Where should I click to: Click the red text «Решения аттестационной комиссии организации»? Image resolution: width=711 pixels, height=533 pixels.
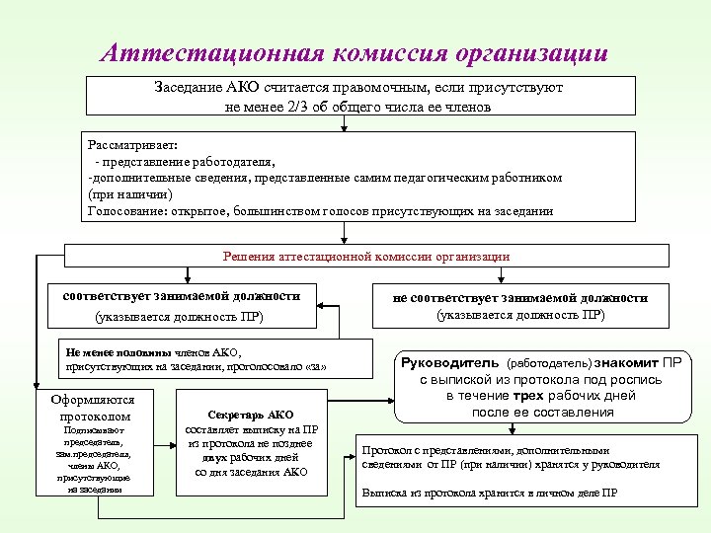(366, 257)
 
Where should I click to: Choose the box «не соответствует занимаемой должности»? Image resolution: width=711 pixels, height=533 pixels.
(520, 305)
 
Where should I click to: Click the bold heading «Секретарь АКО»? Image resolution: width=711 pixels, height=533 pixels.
(251, 415)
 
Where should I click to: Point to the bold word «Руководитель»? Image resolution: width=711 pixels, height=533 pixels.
(450, 362)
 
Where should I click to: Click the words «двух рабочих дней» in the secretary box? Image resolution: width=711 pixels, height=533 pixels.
(251, 458)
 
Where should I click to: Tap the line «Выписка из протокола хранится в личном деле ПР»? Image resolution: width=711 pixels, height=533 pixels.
(490, 493)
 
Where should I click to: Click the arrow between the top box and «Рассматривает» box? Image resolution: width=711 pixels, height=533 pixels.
(343, 123)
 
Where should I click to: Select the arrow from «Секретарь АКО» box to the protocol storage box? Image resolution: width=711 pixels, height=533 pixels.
(338, 457)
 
